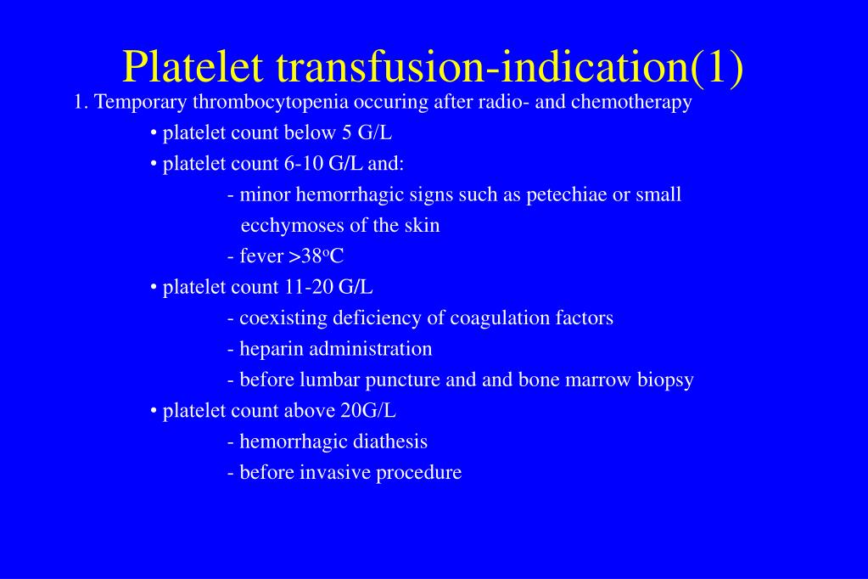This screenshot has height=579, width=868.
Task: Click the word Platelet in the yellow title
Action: (193, 66)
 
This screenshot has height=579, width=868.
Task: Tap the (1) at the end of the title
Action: (717, 68)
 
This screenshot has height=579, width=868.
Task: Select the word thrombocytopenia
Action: (271, 103)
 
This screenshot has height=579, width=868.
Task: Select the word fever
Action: (261, 256)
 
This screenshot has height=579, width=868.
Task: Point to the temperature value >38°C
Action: (316, 256)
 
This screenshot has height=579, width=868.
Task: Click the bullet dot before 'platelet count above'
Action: (154, 412)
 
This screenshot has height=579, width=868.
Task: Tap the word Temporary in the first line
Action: (141, 103)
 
